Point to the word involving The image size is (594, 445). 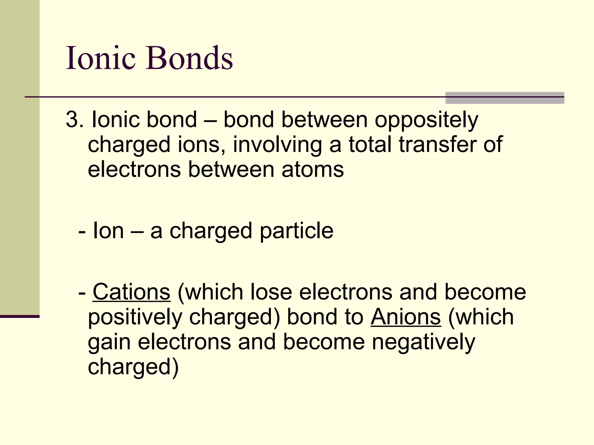tap(277, 145)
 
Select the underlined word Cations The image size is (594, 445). tap(131, 292)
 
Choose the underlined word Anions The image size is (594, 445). tap(406, 317)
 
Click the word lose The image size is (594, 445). tap(271, 292)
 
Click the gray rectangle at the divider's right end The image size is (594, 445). tap(505, 98)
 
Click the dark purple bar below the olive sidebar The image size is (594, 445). tap(20, 316)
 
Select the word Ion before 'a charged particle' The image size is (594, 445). tap(108, 231)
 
